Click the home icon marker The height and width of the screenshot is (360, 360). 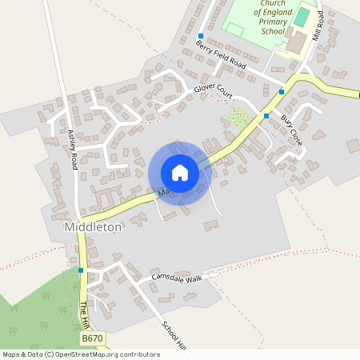pos(180,172)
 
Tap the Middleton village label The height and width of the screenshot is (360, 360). pos(92,227)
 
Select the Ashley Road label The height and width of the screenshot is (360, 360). pos(73,150)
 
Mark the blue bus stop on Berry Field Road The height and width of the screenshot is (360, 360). pos(201,35)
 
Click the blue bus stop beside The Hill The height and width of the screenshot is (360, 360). pos(81,270)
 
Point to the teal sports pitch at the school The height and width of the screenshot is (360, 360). pos(302,17)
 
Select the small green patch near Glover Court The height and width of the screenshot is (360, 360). pos(237,118)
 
